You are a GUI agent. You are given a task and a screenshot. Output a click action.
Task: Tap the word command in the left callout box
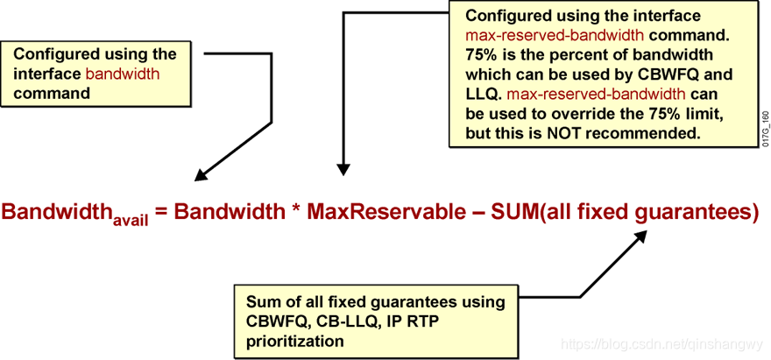(52, 93)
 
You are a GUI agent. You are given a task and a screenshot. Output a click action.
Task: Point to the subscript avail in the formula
(130, 222)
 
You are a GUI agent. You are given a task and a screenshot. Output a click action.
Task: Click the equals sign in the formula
(161, 213)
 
